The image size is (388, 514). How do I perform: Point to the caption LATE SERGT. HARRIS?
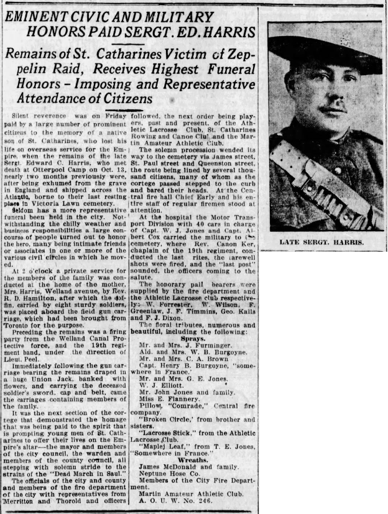(x=322, y=242)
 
